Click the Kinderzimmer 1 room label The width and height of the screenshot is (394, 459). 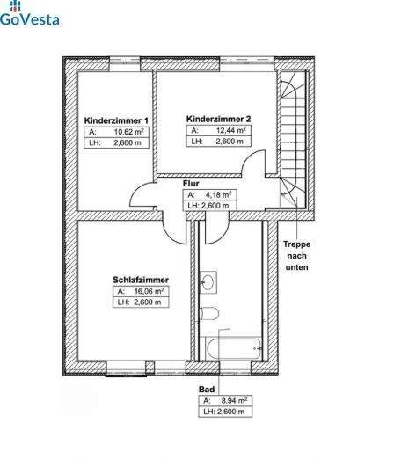(116, 120)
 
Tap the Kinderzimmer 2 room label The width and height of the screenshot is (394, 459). (219, 118)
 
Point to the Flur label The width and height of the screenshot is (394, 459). (191, 184)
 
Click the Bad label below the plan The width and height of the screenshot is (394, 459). (208, 388)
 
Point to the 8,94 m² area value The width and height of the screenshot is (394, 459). (233, 399)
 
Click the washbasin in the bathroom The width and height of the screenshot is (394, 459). (208, 282)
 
